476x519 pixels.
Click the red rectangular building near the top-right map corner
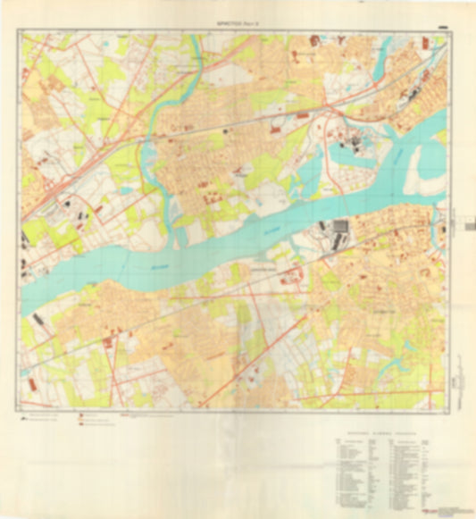314,41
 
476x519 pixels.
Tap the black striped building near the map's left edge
38,319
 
